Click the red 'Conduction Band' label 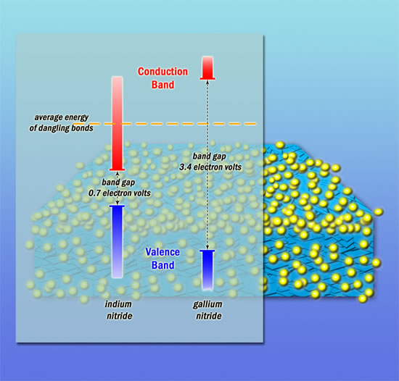[163, 78]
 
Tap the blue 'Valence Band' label [163, 259]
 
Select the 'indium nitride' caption [119, 310]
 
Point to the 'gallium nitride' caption [208, 310]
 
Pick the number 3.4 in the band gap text [185, 167]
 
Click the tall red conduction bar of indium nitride [117, 123]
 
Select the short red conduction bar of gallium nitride [207, 68]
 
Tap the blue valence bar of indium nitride [117, 241]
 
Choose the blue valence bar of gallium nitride [207, 270]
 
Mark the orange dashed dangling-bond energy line [165, 124]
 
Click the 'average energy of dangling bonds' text [62, 122]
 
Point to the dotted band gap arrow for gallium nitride [207, 165]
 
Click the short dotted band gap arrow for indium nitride [118, 188]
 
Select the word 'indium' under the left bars [118, 304]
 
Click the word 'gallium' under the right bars [207, 304]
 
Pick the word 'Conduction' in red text [163, 72]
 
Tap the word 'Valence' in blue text [163, 252]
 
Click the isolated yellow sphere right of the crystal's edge [379, 212]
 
